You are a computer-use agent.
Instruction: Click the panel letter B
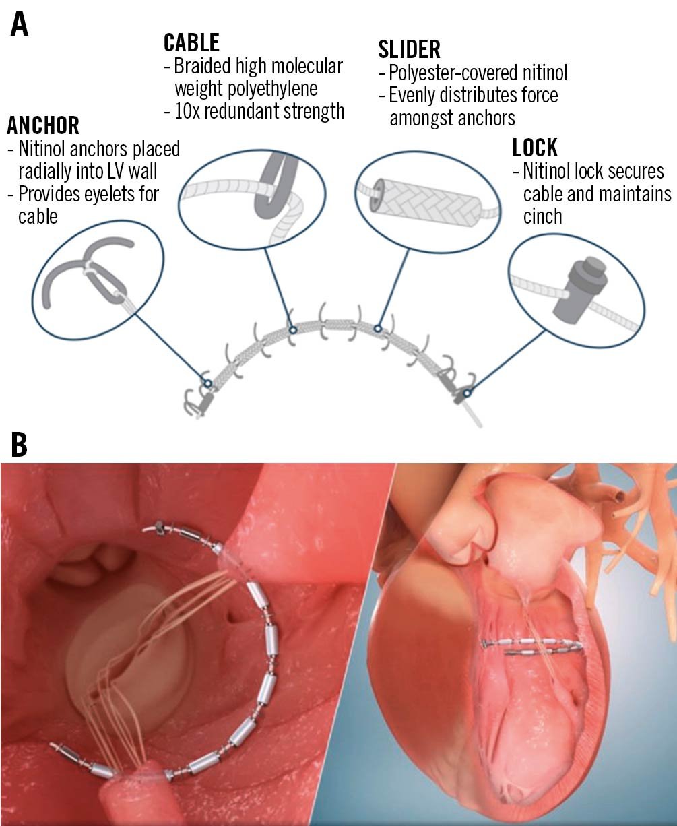pyautogui.click(x=19, y=445)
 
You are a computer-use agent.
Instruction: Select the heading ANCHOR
pyautogui.click(x=43, y=125)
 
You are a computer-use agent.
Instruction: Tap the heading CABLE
pyautogui.click(x=191, y=42)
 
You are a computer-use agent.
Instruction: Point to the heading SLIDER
pyautogui.click(x=410, y=49)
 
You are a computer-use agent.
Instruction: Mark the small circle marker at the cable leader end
pyautogui.click(x=292, y=329)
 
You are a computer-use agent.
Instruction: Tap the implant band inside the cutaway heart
pyautogui.click(x=532, y=646)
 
